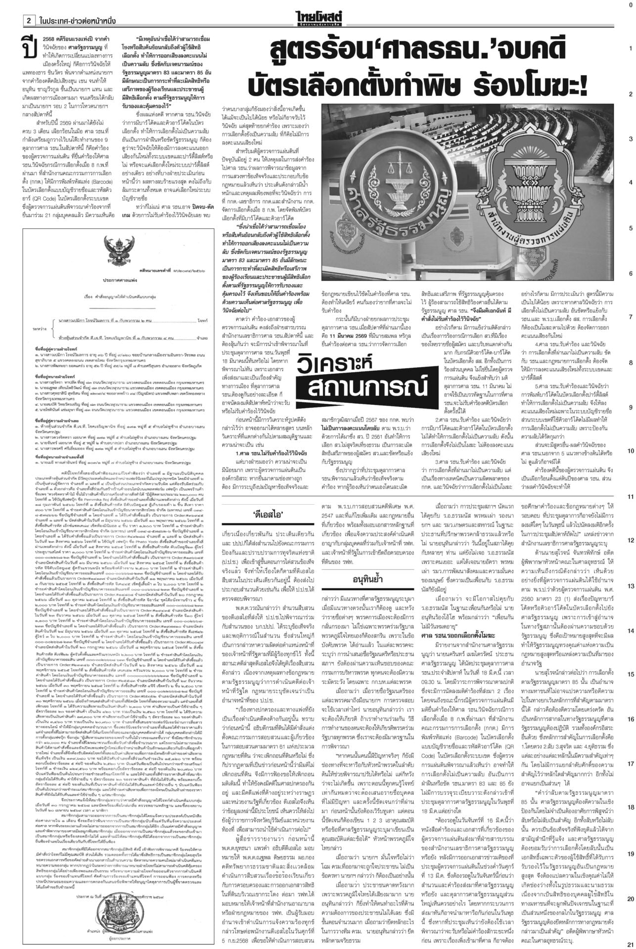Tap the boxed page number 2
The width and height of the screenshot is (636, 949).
(x=29, y=21)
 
